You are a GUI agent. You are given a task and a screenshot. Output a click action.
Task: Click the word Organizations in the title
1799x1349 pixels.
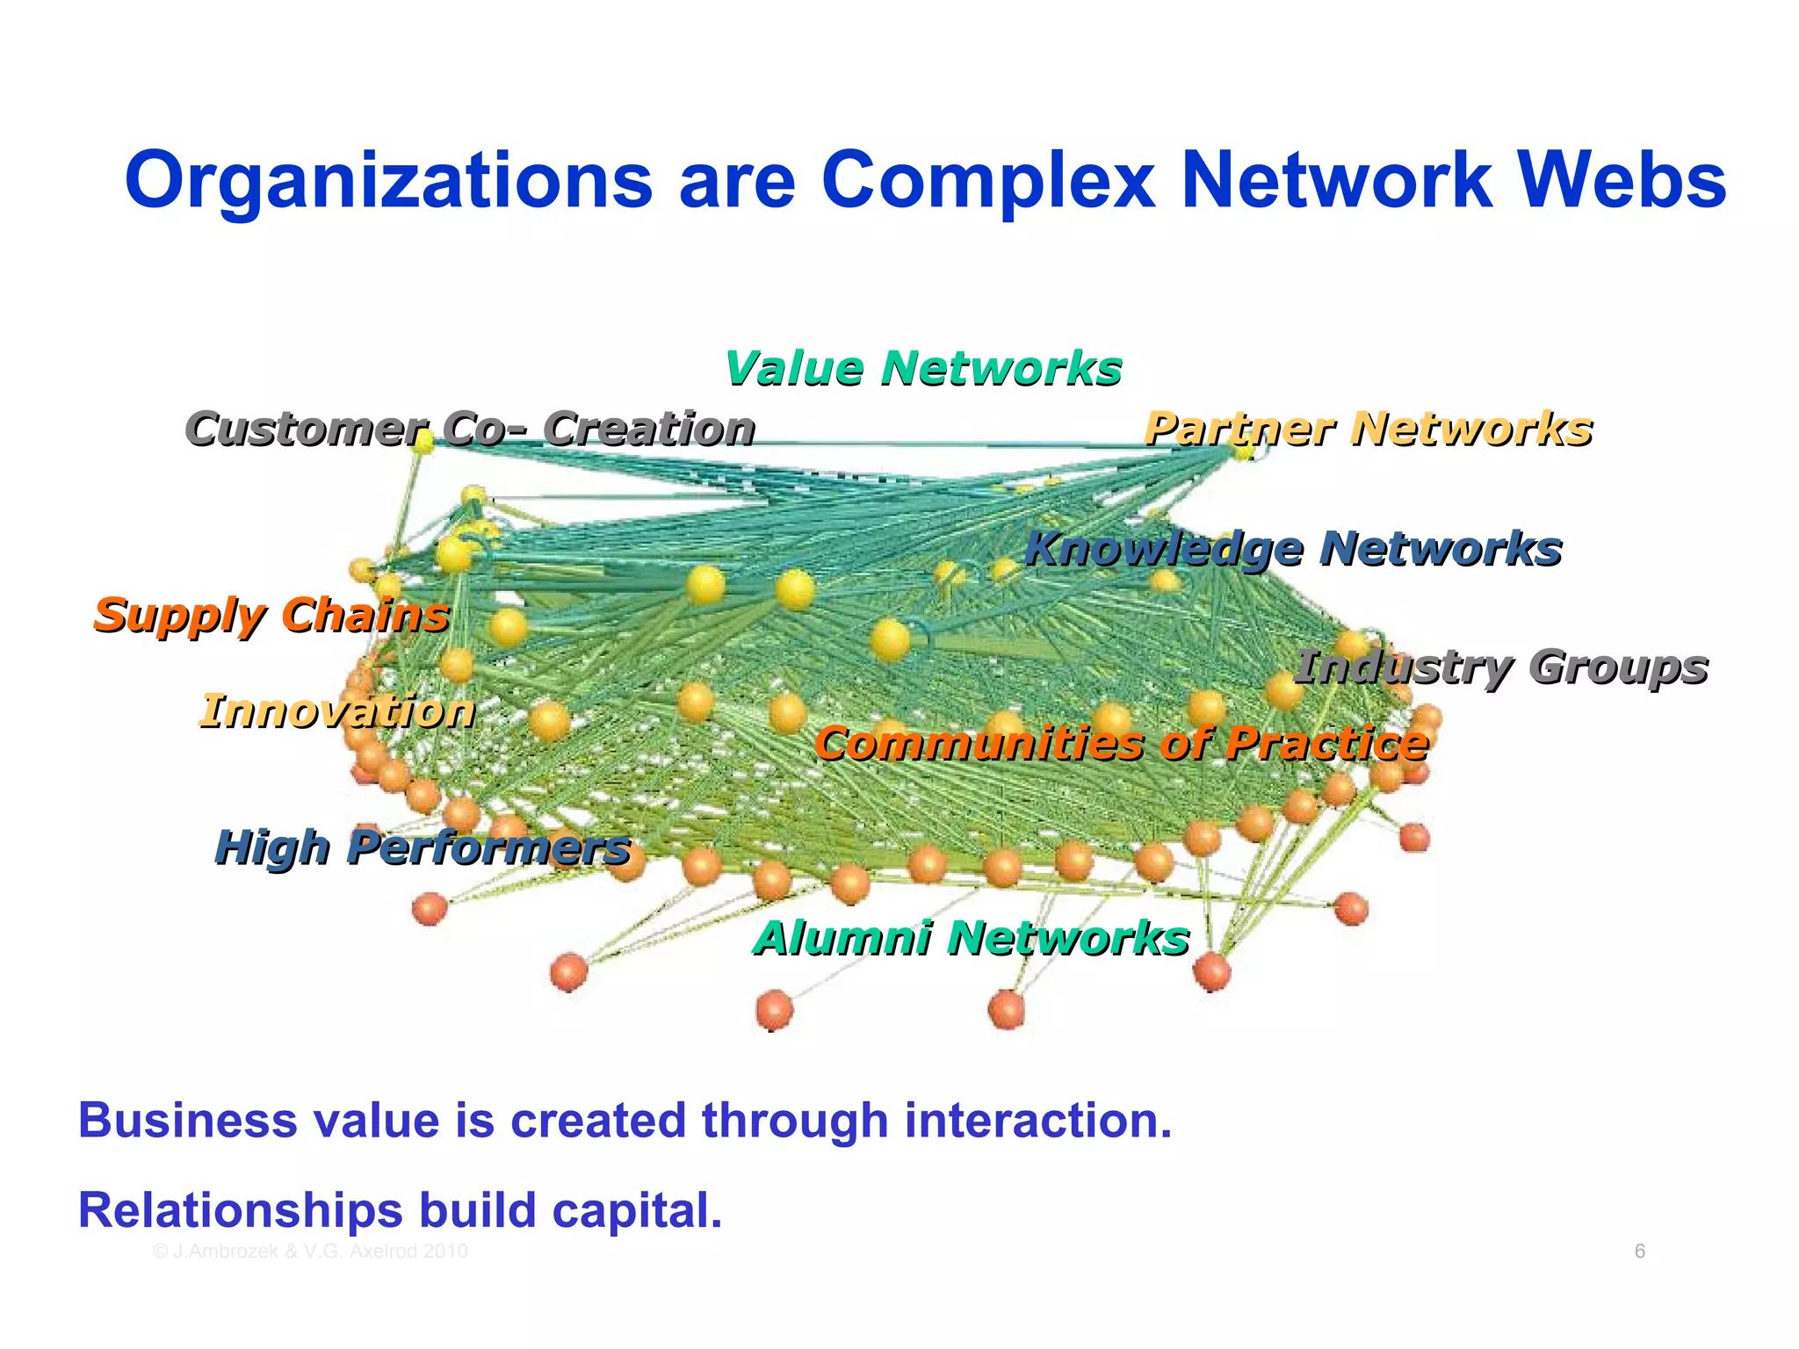click(x=388, y=181)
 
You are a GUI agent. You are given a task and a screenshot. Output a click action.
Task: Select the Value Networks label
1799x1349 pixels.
click(x=922, y=368)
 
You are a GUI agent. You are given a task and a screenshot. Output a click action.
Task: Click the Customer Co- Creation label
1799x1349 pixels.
click(x=470, y=429)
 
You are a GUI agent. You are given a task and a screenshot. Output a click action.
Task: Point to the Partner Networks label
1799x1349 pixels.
click(x=1368, y=429)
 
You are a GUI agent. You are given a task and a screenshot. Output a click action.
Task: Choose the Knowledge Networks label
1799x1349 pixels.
click(x=1293, y=549)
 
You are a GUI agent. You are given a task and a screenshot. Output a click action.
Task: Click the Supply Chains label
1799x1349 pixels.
click(x=271, y=615)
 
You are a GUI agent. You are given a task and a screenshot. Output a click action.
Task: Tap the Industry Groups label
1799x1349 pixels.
click(x=1500, y=667)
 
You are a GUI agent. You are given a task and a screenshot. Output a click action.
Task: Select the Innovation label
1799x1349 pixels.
click(x=337, y=711)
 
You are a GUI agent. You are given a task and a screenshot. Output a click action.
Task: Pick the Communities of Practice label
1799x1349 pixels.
click(x=1121, y=744)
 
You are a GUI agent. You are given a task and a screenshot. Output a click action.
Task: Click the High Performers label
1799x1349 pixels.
click(x=423, y=848)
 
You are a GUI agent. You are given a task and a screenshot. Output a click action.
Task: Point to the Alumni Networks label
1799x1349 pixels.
click(x=971, y=938)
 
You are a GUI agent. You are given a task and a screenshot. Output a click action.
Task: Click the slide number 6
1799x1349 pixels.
click(x=1639, y=1252)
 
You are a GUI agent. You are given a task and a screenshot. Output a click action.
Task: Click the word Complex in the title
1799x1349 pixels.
click(x=988, y=181)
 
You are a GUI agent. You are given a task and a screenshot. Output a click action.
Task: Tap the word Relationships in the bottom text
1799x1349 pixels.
click(x=240, y=1210)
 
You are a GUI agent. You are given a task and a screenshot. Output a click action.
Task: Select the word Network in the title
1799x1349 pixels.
click(x=1335, y=181)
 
